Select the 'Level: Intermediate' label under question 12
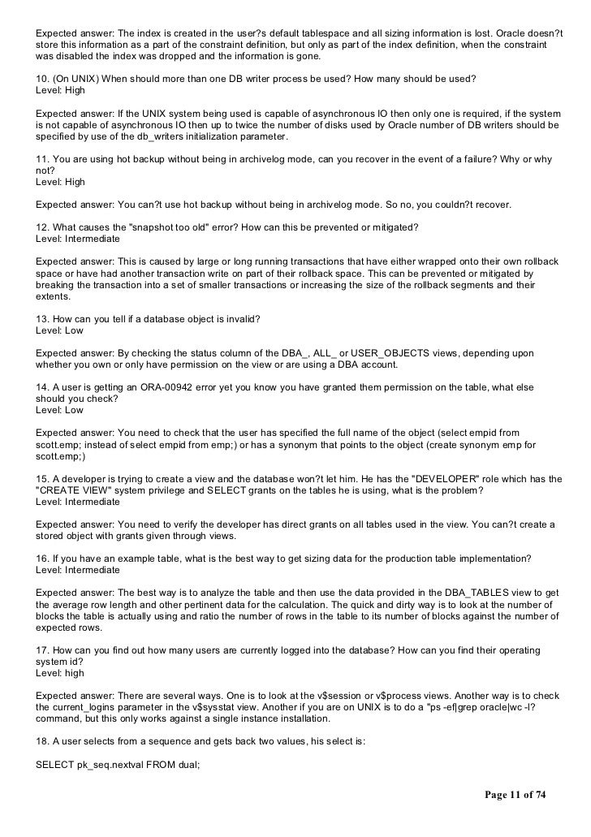coord(78,239)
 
